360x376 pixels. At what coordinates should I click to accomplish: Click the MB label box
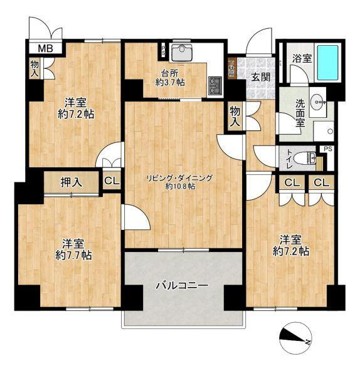44,48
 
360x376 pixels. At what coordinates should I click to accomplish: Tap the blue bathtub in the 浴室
327,63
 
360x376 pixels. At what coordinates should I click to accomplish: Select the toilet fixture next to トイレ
305,157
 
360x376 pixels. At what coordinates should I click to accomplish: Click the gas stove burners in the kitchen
216,85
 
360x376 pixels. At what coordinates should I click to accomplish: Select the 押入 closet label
70,182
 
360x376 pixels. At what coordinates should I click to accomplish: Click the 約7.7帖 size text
73,255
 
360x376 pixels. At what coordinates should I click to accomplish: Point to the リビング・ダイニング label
179,177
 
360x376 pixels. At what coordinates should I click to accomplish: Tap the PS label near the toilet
327,149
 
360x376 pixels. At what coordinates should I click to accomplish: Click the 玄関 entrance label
261,77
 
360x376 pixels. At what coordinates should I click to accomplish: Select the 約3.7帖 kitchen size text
171,82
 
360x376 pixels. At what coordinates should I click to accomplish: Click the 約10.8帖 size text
180,186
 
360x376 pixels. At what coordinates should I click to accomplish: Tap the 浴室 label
302,58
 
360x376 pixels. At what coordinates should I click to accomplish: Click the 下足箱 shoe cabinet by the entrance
231,68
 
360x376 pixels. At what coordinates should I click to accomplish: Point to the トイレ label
289,156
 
